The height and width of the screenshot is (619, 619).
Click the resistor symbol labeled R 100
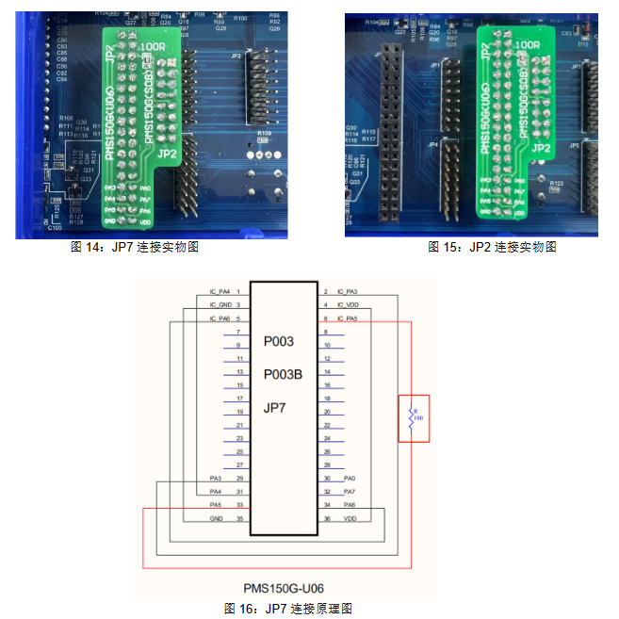tap(412, 418)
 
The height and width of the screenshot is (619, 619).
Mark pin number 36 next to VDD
tap(327, 518)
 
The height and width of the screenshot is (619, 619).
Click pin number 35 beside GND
tap(240, 518)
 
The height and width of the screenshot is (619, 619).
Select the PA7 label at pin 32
tap(350, 492)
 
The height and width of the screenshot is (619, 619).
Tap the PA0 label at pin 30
tap(350, 479)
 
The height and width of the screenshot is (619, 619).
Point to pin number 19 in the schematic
tap(240, 413)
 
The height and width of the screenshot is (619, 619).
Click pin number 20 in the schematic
tap(327, 413)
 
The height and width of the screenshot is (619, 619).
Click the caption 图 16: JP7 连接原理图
tap(288, 609)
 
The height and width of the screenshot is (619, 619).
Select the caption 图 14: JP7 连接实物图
tap(135, 247)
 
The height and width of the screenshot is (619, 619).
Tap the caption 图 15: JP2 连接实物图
tap(493, 247)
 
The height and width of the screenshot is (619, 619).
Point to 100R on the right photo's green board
tap(527, 44)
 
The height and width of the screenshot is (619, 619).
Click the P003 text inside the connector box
tap(279, 340)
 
